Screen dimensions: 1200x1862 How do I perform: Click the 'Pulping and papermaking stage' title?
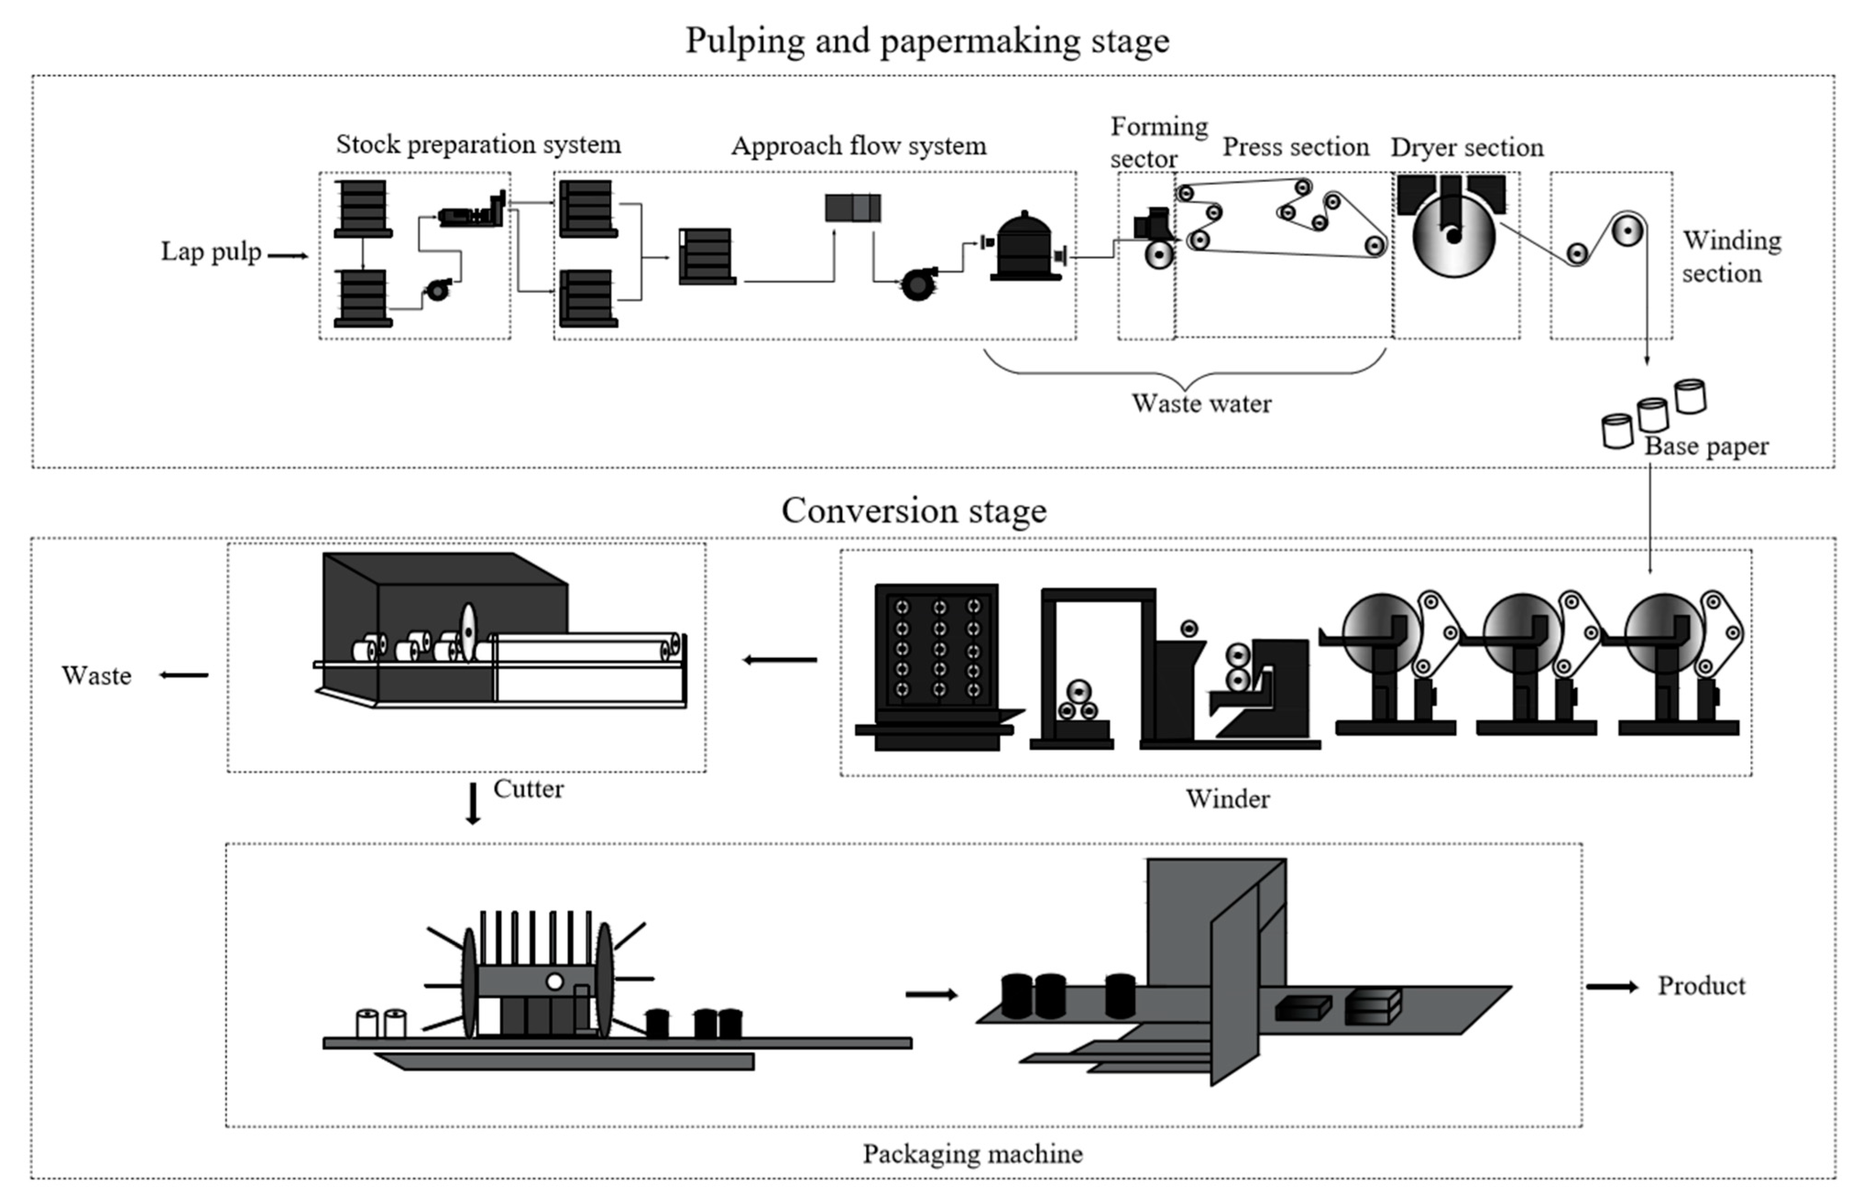(927, 40)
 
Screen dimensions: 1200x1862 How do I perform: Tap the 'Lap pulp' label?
(210, 252)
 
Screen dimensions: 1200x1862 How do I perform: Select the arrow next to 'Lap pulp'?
(288, 255)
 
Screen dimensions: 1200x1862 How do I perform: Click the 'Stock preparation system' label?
(478, 144)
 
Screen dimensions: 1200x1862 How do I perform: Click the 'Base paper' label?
(1706, 446)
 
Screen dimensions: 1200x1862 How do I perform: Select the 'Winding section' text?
(1731, 257)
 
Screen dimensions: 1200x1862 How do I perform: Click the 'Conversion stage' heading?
(914, 511)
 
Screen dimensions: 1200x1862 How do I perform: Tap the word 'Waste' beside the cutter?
(97, 675)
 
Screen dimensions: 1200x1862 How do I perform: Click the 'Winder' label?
(1228, 799)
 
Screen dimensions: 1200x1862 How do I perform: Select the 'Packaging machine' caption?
(972, 1153)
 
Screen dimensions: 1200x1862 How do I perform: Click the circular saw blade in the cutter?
(467, 632)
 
